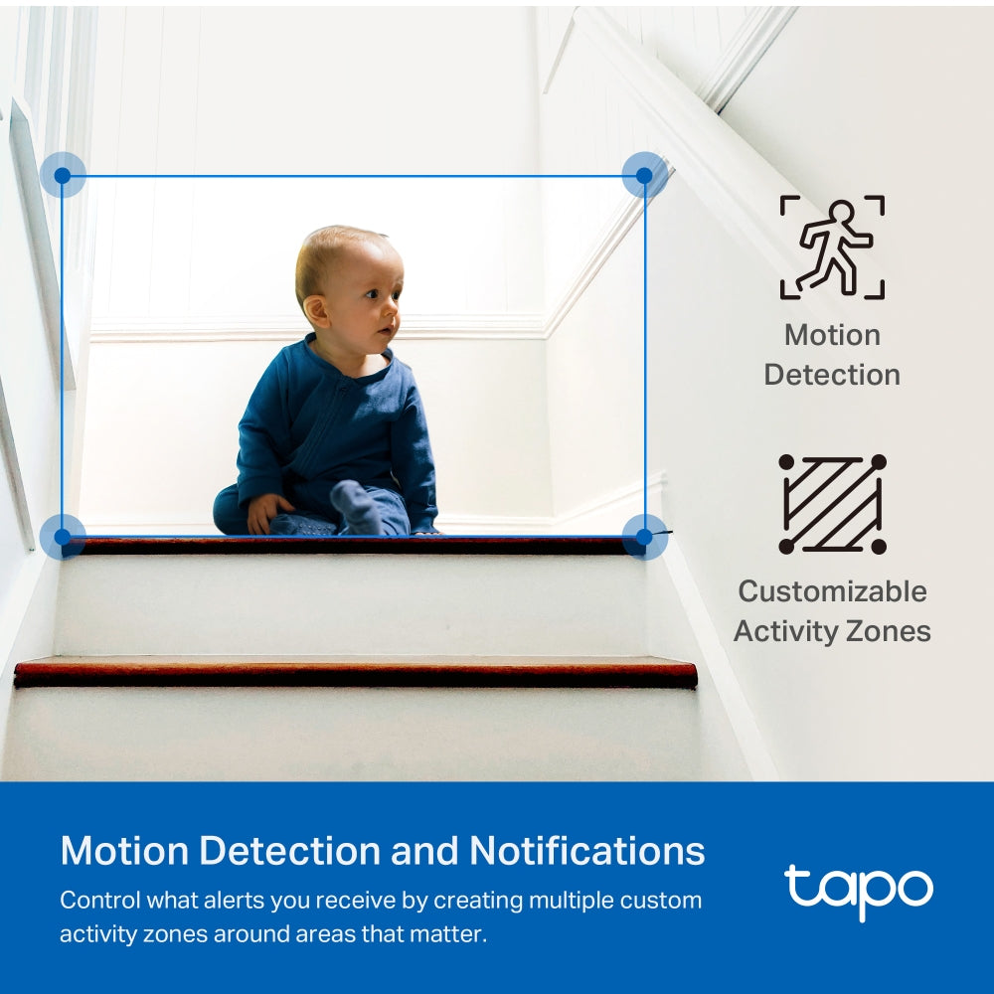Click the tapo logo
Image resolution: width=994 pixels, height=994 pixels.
coord(858,889)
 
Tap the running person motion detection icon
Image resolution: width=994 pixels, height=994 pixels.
coord(832,248)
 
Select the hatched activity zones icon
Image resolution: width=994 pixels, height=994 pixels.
coord(832,504)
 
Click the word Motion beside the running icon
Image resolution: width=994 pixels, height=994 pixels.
coord(832,335)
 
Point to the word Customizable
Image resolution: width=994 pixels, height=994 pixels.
coord(832,591)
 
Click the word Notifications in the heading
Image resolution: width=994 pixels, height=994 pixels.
coord(586,852)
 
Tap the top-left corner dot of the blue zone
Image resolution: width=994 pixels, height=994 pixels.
coord(63,176)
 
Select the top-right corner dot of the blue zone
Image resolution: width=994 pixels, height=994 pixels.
coord(644,176)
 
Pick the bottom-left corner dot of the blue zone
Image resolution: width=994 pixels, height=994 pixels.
coord(63,537)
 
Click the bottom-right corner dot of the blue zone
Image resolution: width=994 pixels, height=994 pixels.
coord(644,537)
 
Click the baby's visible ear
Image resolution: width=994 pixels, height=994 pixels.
coord(317,309)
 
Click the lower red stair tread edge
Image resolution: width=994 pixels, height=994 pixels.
coord(355,673)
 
